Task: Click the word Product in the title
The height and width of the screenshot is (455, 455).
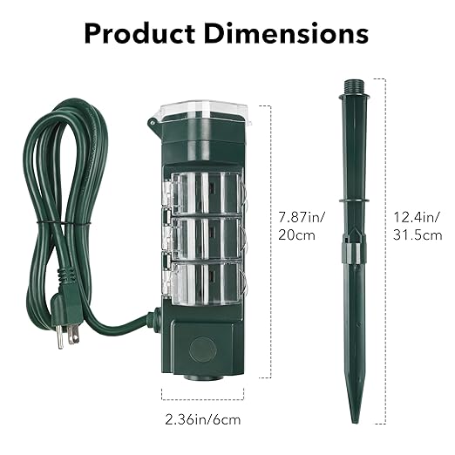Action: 139,34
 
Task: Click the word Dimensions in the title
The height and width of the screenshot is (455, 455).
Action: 287,33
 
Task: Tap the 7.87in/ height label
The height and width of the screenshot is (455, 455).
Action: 302,217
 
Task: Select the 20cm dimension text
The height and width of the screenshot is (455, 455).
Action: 296,234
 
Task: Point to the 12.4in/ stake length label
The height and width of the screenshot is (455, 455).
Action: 417,217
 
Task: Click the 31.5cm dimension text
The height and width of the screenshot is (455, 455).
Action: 418,234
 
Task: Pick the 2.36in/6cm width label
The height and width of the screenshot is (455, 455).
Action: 203,419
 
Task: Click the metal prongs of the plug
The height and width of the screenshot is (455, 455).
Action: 67,335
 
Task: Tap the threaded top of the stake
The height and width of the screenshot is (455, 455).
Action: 353,87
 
